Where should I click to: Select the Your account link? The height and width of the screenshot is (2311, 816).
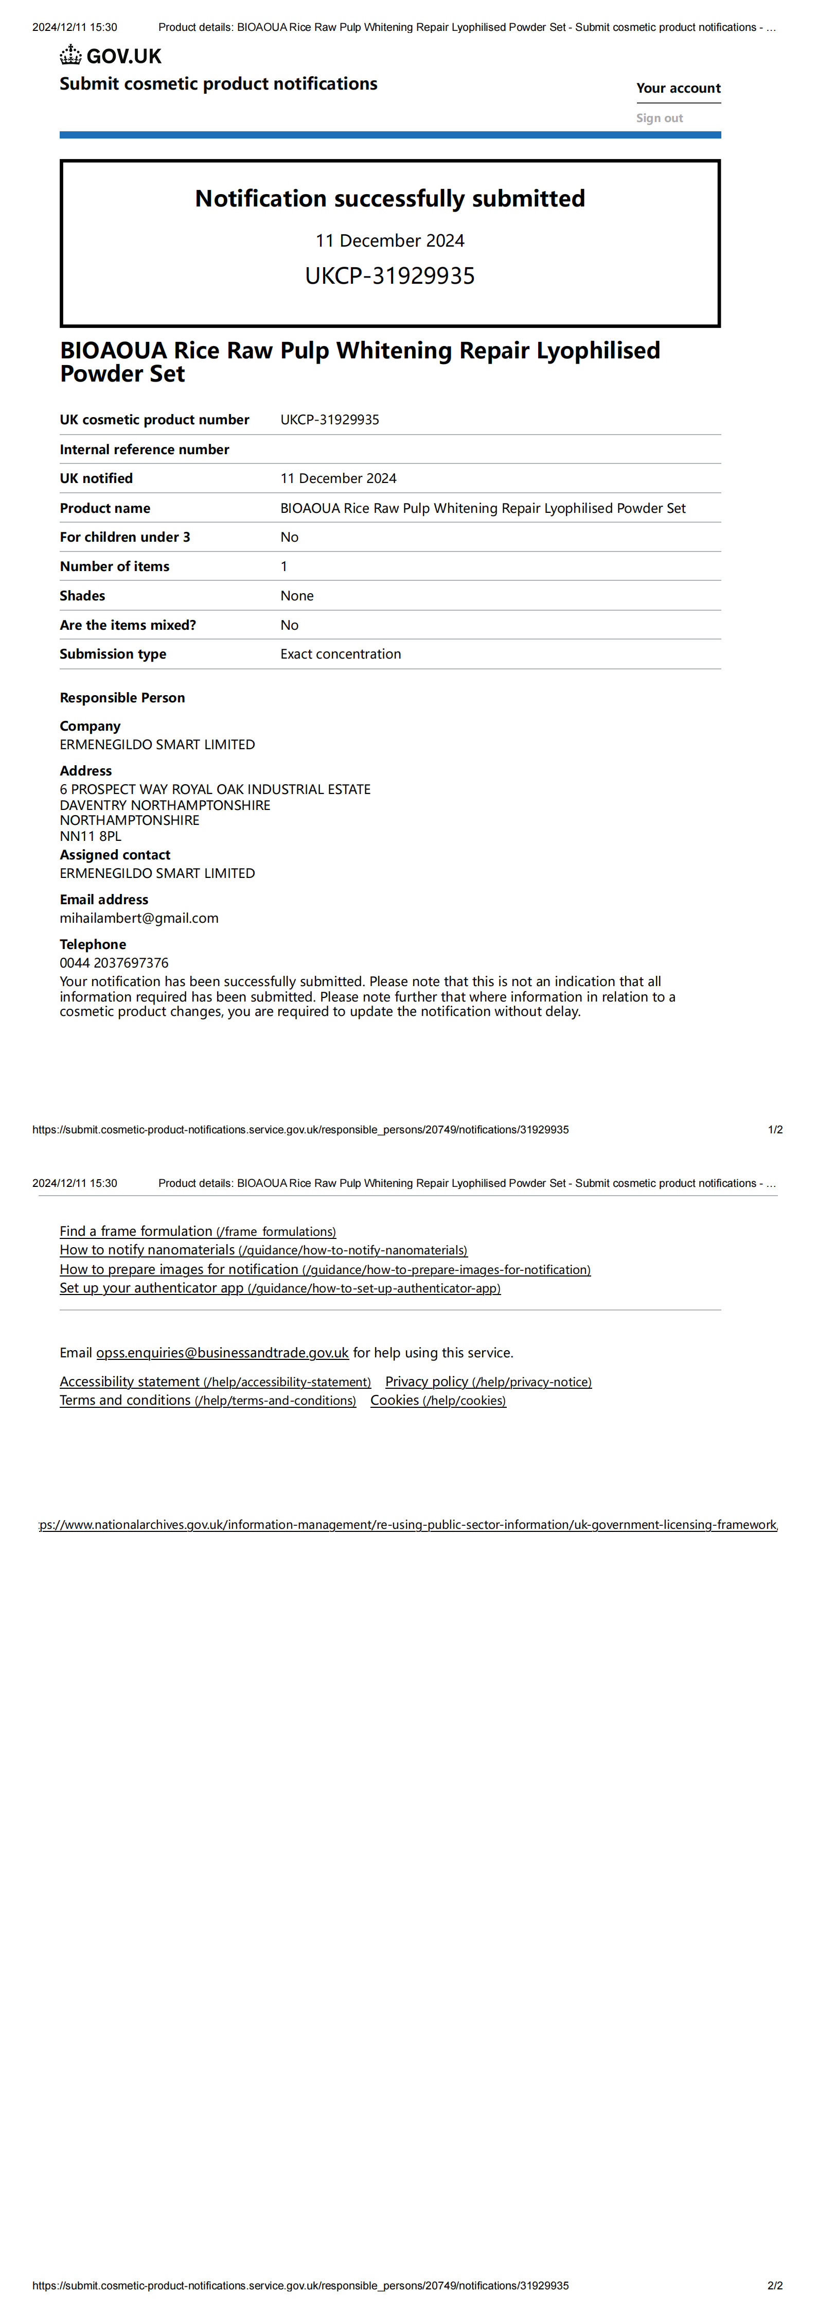678,88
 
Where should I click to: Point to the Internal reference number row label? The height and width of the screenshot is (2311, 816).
145,450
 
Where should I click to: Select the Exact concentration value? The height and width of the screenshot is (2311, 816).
341,654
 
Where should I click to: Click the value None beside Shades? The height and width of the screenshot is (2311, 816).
297,596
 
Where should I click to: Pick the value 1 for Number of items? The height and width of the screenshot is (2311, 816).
284,566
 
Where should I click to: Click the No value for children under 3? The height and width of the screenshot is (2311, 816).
290,538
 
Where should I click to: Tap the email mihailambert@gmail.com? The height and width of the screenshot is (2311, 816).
139,918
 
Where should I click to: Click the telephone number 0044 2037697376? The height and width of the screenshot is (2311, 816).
114,962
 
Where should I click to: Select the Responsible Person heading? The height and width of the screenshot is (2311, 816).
122,698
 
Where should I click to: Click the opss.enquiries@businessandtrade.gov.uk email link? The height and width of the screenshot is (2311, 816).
222,1353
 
